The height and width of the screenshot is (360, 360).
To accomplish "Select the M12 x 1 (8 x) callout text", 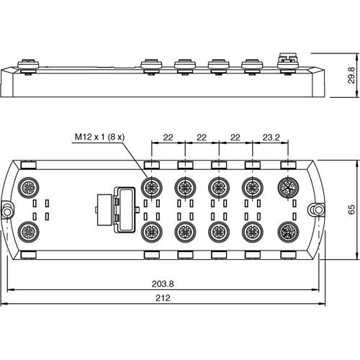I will [99, 137].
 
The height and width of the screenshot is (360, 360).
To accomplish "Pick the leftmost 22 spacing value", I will [168, 136].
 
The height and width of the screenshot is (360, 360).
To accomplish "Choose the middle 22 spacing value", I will [201, 136].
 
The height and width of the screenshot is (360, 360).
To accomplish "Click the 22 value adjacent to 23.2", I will [235, 136].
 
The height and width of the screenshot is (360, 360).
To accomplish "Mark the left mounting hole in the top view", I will [7, 210].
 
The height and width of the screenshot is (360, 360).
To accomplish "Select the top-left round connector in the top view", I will [29, 187].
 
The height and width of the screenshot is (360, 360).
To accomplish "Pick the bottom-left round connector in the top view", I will [29, 232].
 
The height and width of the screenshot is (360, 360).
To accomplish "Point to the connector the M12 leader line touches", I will [151, 187].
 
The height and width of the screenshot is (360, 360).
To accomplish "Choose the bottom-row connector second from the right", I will [252, 232].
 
